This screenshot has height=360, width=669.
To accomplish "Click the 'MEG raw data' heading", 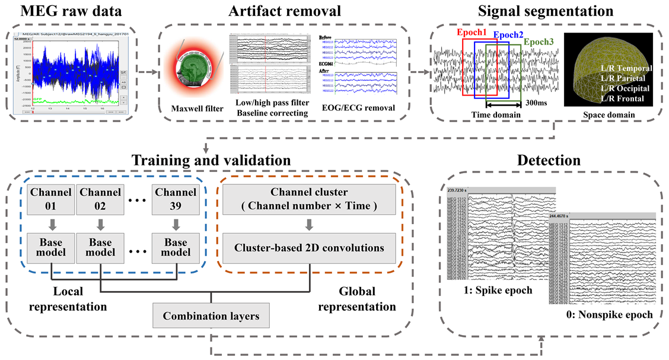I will (x=71, y=12).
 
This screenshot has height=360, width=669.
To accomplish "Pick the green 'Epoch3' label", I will (x=538, y=43).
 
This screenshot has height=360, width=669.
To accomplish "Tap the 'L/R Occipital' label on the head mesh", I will (x=626, y=87).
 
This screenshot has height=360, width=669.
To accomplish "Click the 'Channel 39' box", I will (x=174, y=200).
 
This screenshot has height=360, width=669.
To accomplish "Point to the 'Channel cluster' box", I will (x=310, y=200).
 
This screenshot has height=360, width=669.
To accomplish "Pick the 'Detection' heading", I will (x=548, y=160).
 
